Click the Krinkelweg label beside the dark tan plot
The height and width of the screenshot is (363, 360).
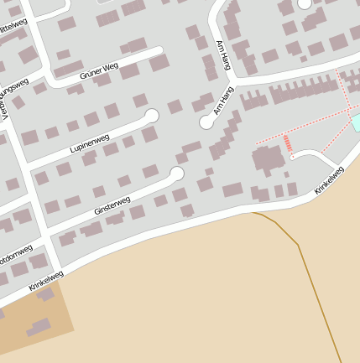[x=45, y=281]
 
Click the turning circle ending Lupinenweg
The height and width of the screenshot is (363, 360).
[x=152, y=116]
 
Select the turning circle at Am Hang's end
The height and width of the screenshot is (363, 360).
[x=206, y=122]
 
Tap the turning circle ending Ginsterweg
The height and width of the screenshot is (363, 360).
[x=176, y=174]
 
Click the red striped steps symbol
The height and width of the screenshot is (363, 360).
[x=288, y=143]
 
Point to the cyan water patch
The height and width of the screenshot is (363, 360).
[x=356, y=123]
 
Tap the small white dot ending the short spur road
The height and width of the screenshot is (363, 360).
[x=292, y=157]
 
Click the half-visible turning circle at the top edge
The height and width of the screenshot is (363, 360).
[x=304, y=3]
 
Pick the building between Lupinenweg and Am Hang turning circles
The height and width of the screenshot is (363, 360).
[x=175, y=106]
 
